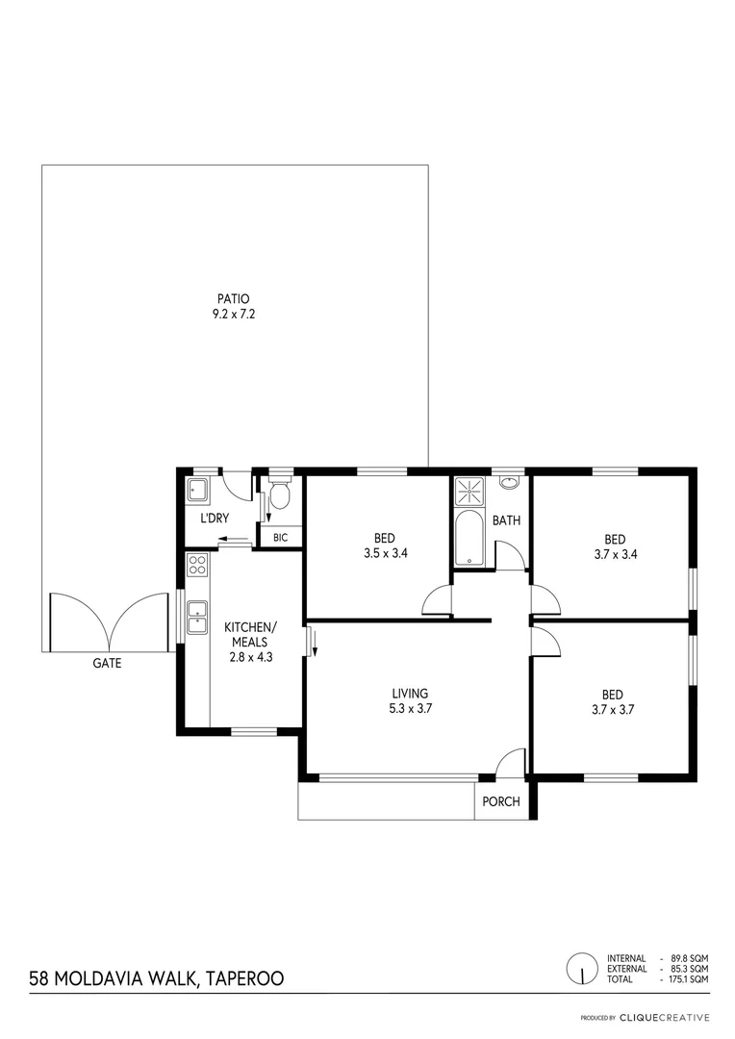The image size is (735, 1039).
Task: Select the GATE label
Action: (x=107, y=663)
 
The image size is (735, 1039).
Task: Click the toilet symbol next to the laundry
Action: (x=280, y=495)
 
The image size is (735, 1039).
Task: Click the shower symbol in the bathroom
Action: (x=469, y=491)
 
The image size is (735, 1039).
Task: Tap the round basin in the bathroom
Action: (x=509, y=483)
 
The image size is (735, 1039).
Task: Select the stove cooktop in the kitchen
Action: (x=197, y=565)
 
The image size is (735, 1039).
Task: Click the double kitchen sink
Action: (x=197, y=617)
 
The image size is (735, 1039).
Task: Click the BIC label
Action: (x=281, y=538)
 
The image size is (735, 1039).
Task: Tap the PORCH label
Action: (x=501, y=801)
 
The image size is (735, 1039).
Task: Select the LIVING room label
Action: (x=410, y=694)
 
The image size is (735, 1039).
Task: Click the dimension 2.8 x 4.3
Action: (x=252, y=656)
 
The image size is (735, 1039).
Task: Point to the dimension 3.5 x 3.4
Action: (x=384, y=553)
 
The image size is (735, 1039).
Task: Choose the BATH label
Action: (x=507, y=520)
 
